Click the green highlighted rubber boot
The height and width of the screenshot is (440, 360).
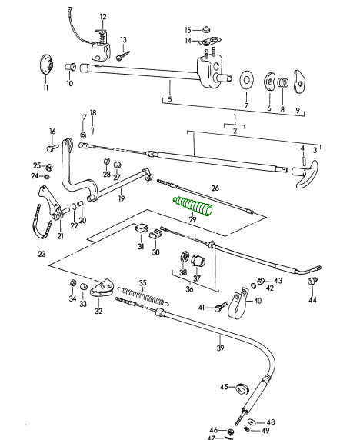tap(192, 206)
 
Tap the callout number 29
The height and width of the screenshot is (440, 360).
tap(192, 219)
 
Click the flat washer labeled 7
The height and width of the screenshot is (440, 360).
tap(246, 80)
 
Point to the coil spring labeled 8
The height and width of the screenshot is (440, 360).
tap(283, 83)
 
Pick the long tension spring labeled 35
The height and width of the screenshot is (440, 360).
tap(143, 296)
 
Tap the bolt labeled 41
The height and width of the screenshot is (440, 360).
tap(222, 306)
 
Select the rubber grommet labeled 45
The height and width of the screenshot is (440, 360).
tap(242, 388)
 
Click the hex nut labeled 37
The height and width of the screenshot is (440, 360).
tap(198, 262)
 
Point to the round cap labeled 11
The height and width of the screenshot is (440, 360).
tap(46, 65)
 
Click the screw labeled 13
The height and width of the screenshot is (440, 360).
tap(123, 55)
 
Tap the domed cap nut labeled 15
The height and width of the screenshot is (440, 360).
tap(206, 29)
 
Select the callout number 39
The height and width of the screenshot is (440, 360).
tap(221, 348)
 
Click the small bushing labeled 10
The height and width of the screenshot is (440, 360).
tap(71, 67)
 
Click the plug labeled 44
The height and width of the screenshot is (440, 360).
tap(312, 281)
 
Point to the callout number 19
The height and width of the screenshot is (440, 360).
tap(122, 198)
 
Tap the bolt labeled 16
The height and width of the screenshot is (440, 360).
tap(52, 147)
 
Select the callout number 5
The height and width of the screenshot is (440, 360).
tap(169, 99)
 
